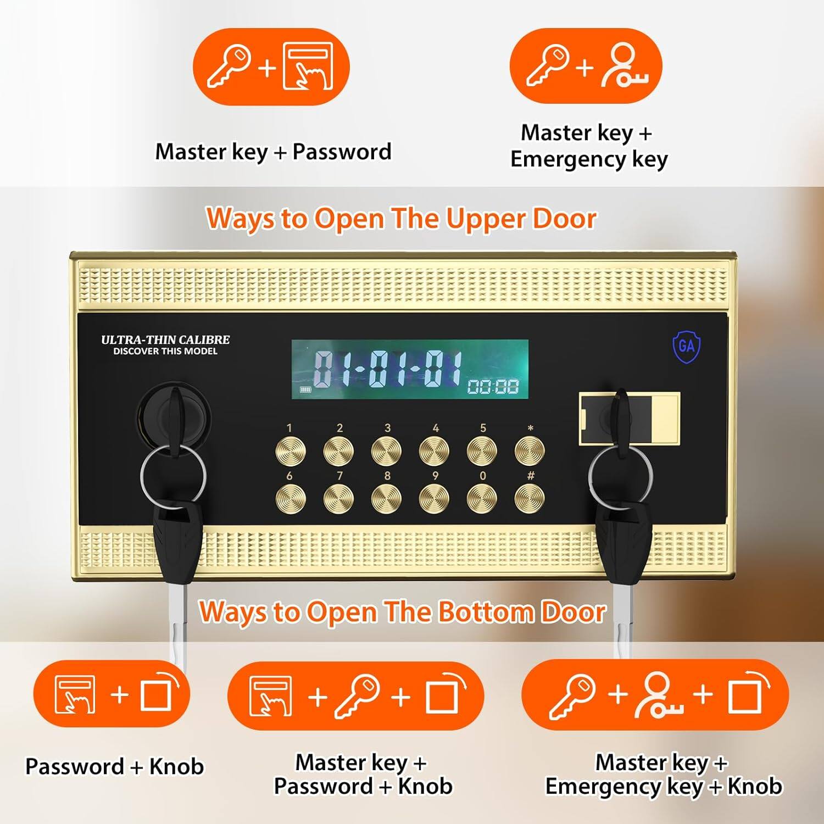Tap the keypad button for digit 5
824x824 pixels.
pos(482,451)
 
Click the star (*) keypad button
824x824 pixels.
pos(530,451)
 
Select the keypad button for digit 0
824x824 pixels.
pos(482,499)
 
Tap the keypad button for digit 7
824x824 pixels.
pos(338,499)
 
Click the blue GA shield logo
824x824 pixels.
pos(687,346)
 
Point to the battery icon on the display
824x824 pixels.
pos(305,390)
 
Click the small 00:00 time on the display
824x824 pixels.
pos(493,387)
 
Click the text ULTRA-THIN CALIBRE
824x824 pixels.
pos(165,339)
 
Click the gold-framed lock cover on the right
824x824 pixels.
pos(630,417)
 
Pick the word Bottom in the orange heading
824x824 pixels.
pos(458,612)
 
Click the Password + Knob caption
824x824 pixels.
pos(115,766)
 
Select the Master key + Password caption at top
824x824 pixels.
pos(273,152)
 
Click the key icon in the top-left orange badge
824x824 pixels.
pos(229,66)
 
